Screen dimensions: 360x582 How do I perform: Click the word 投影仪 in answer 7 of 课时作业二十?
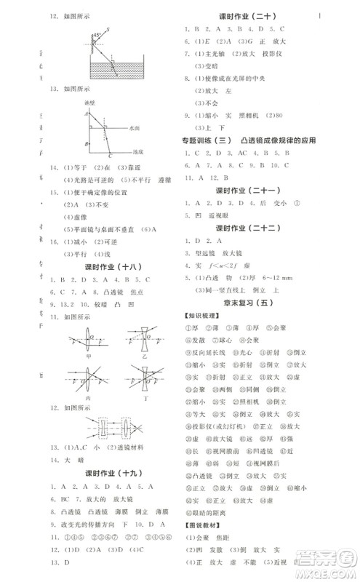(x=279, y=54)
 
